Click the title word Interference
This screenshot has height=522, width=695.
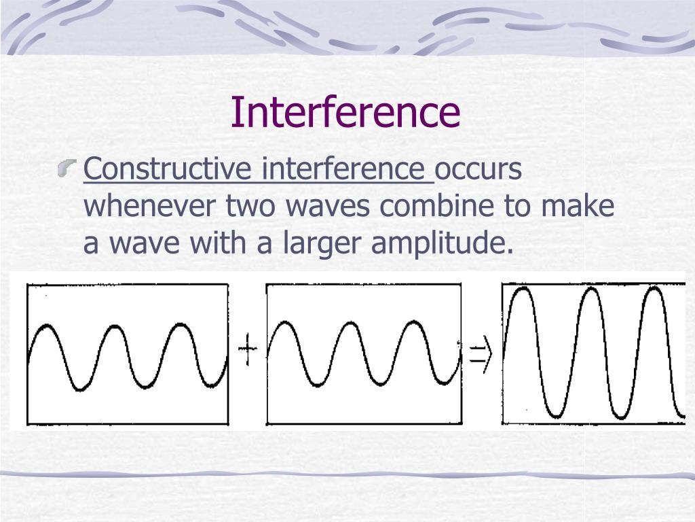(345, 112)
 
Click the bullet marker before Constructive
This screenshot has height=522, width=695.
(67, 167)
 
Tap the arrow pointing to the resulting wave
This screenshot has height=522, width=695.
(480, 355)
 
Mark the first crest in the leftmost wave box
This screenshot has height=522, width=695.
(46, 328)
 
